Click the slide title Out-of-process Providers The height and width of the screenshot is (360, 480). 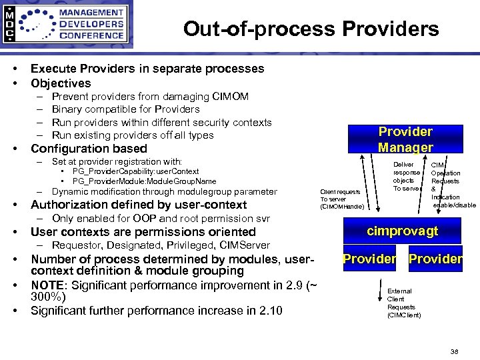point(311,29)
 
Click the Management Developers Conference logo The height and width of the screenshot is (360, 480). point(67,25)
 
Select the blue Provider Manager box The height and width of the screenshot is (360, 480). point(405,139)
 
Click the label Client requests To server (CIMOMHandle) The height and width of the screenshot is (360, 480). point(342,199)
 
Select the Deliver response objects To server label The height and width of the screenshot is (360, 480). point(407,176)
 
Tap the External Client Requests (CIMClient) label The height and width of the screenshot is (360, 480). point(403,303)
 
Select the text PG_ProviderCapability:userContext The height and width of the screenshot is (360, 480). point(135,171)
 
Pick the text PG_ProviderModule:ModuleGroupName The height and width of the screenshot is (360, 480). point(144,181)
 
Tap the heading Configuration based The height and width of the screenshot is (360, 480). point(89,148)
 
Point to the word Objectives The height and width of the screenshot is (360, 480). point(61,83)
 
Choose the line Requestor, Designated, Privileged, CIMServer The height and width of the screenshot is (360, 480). point(160,245)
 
